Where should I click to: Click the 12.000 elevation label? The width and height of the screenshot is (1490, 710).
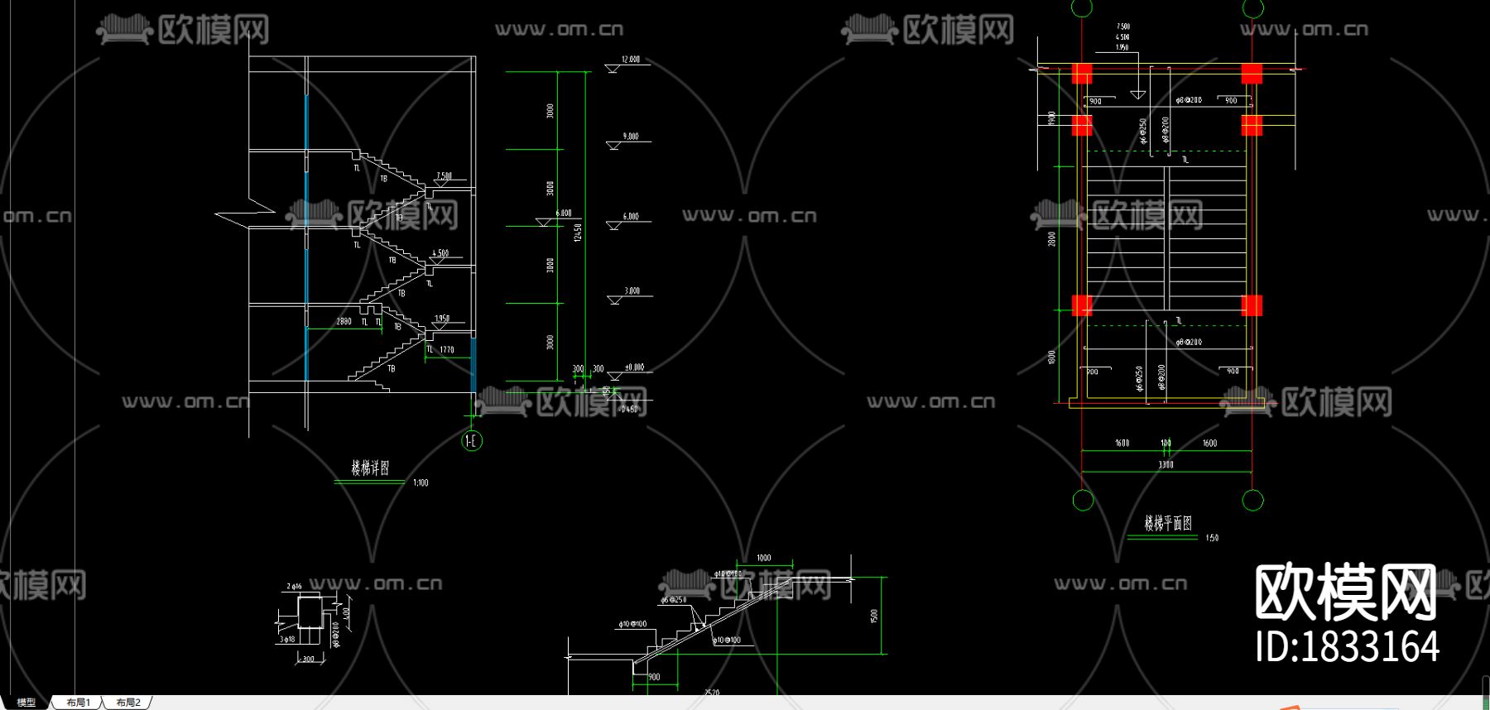631,60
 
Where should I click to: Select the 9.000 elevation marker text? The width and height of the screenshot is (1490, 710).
631,137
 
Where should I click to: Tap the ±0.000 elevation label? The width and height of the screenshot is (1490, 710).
634,367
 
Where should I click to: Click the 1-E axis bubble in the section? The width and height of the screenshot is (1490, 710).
472,441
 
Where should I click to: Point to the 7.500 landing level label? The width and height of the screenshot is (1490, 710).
445,176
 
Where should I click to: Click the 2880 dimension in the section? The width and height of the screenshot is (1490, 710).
344,322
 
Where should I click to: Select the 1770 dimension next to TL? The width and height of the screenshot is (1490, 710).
447,350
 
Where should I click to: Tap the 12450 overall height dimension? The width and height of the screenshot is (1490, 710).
578,233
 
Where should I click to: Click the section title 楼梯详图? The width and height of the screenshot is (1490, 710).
370,468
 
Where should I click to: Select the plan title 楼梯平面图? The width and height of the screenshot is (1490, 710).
1168,523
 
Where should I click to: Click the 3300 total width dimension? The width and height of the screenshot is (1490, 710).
1166,465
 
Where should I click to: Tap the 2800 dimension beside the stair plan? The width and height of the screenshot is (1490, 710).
1052,239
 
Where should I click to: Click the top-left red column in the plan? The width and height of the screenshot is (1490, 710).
1082,74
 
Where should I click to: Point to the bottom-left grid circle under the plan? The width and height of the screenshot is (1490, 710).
1083,501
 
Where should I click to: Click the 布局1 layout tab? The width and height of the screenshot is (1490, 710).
78,703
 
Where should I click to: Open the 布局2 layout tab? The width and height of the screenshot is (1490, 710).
128,703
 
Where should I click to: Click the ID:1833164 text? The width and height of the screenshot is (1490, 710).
1348,647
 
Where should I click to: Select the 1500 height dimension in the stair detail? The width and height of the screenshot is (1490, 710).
874,616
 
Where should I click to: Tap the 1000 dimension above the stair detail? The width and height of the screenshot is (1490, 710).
763,559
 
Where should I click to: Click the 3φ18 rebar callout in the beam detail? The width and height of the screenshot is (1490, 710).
287,640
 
